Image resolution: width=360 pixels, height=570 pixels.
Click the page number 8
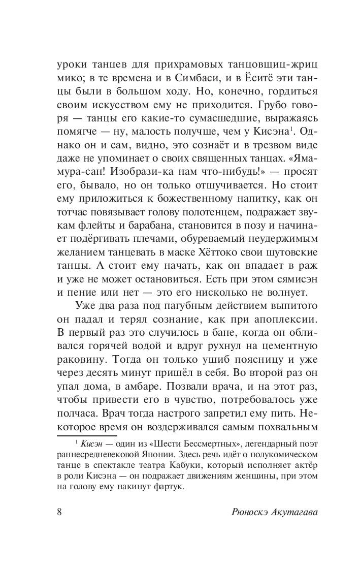59,512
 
